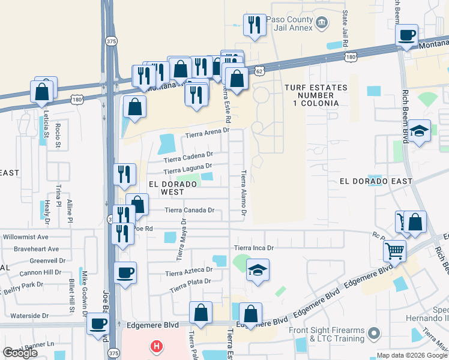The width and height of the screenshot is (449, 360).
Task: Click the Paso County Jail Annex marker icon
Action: [x=322, y=23]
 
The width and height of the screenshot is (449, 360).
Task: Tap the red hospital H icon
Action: [x=157, y=346]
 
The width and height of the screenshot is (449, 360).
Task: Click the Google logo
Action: [x=20, y=353]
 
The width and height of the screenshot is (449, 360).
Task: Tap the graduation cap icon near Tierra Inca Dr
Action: [x=258, y=269]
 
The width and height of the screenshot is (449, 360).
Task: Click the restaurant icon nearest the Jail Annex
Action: [x=255, y=25]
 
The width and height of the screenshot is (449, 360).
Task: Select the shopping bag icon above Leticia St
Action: [x=42, y=91]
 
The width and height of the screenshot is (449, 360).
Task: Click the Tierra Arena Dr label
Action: [x=207, y=136]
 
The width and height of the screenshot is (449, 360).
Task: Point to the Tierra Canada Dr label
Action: [x=189, y=211]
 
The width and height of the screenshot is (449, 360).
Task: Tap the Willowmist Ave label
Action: [x=25, y=237]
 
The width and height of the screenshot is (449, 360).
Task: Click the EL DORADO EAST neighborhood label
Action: [x=376, y=181]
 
